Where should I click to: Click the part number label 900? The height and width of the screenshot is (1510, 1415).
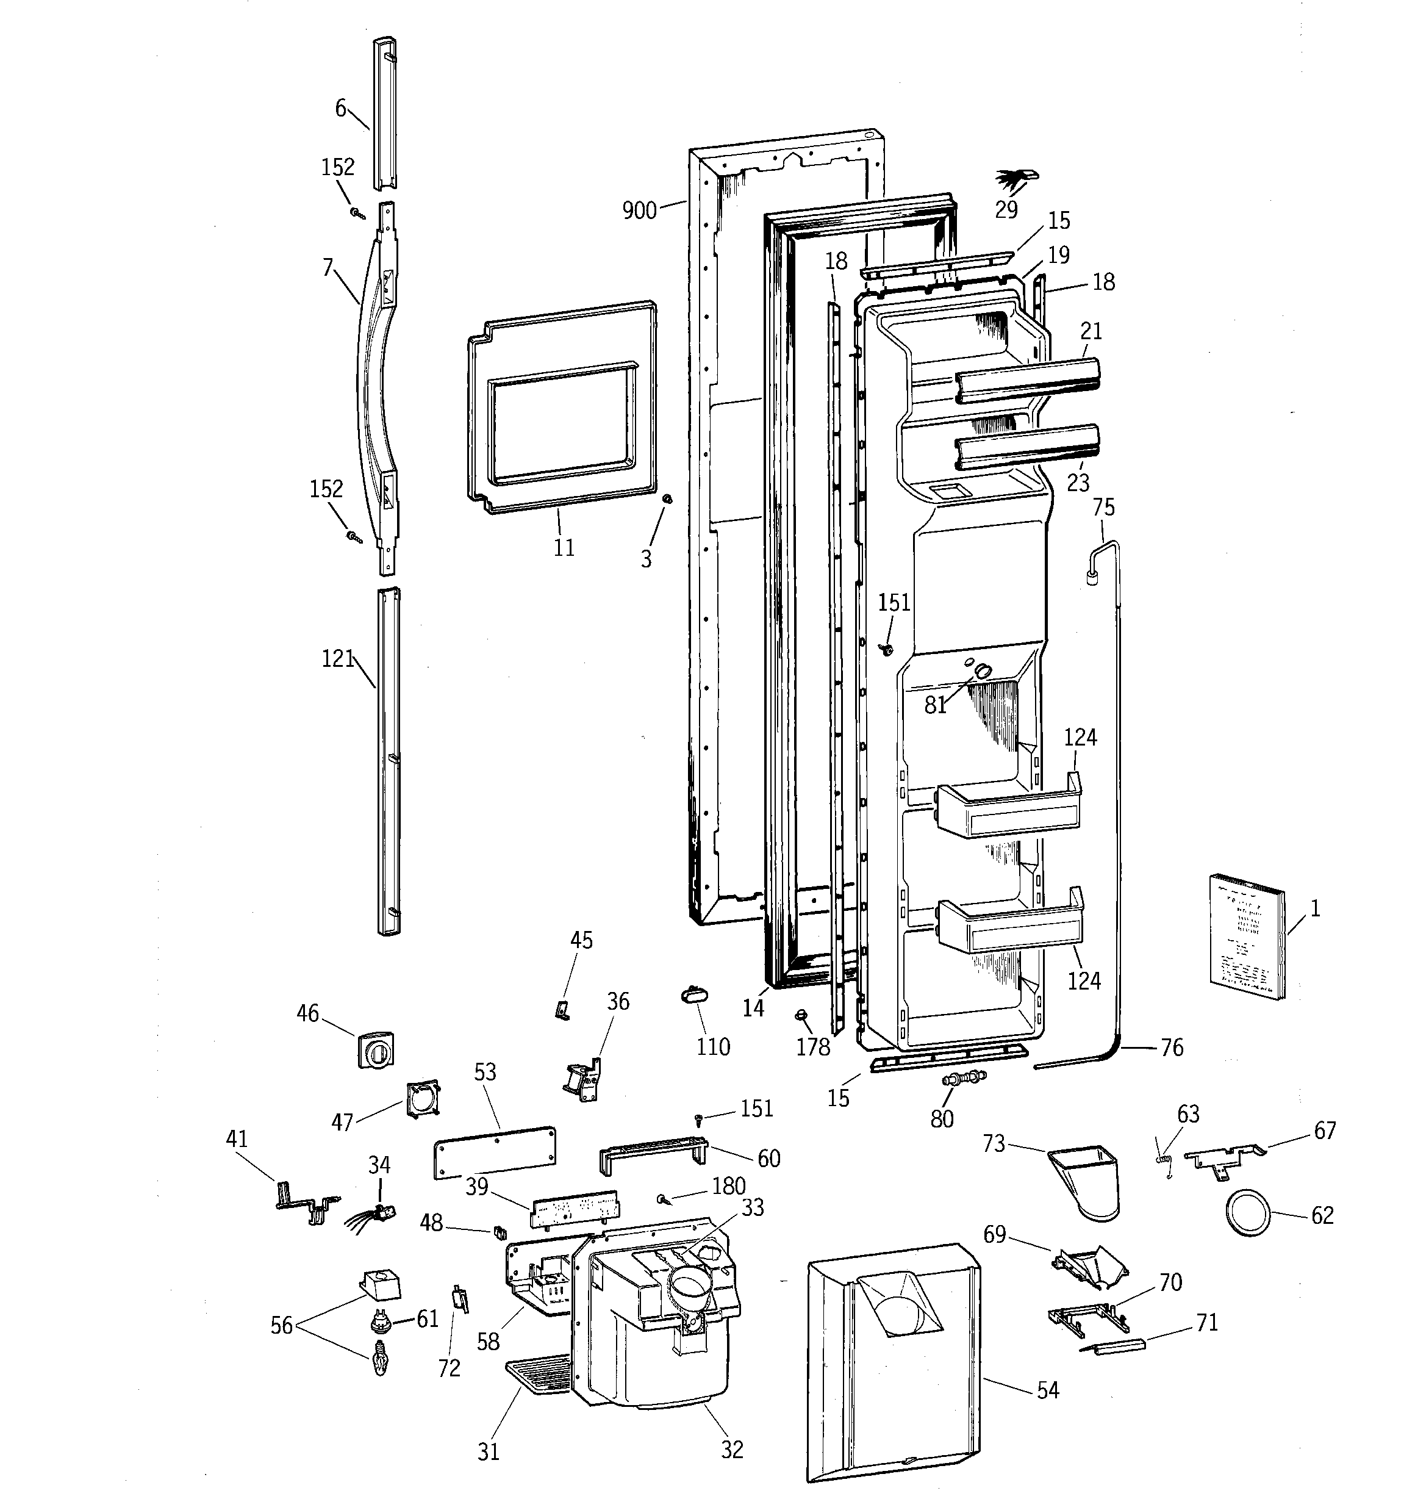[639, 210]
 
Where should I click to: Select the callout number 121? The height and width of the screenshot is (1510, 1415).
[338, 658]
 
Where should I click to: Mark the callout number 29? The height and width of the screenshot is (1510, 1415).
[1006, 210]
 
